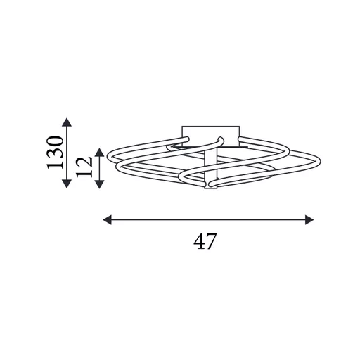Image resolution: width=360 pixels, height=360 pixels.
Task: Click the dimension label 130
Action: pos(56,152)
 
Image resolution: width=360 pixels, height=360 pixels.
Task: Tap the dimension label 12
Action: pos(84,167)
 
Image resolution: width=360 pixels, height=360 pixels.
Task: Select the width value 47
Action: pos(204,241)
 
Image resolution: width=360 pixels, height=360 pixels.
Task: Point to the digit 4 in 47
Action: pos(198,241)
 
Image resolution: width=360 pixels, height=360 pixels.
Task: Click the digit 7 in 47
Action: pos(210,241)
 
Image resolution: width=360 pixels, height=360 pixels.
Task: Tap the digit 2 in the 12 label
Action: pos(84,161)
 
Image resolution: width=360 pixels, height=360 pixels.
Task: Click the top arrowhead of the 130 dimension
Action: pos(67,122)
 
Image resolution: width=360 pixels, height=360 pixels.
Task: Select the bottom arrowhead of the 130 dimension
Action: pos(67,184)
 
